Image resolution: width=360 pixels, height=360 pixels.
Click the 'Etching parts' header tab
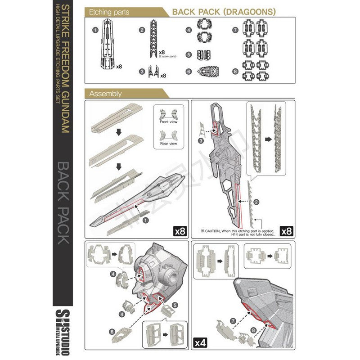coord(109,12)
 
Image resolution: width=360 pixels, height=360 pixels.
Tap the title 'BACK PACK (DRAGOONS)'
coord(224,12)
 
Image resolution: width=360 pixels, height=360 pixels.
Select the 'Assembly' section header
coord(106,94)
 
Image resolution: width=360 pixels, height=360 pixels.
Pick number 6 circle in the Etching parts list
coord(189,71)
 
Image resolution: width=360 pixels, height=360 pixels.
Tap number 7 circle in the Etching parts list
coord(235,30)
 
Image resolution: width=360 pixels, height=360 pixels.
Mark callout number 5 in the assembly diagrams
coord(175,297)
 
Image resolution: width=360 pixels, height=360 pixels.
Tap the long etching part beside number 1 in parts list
coord(108,45)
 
